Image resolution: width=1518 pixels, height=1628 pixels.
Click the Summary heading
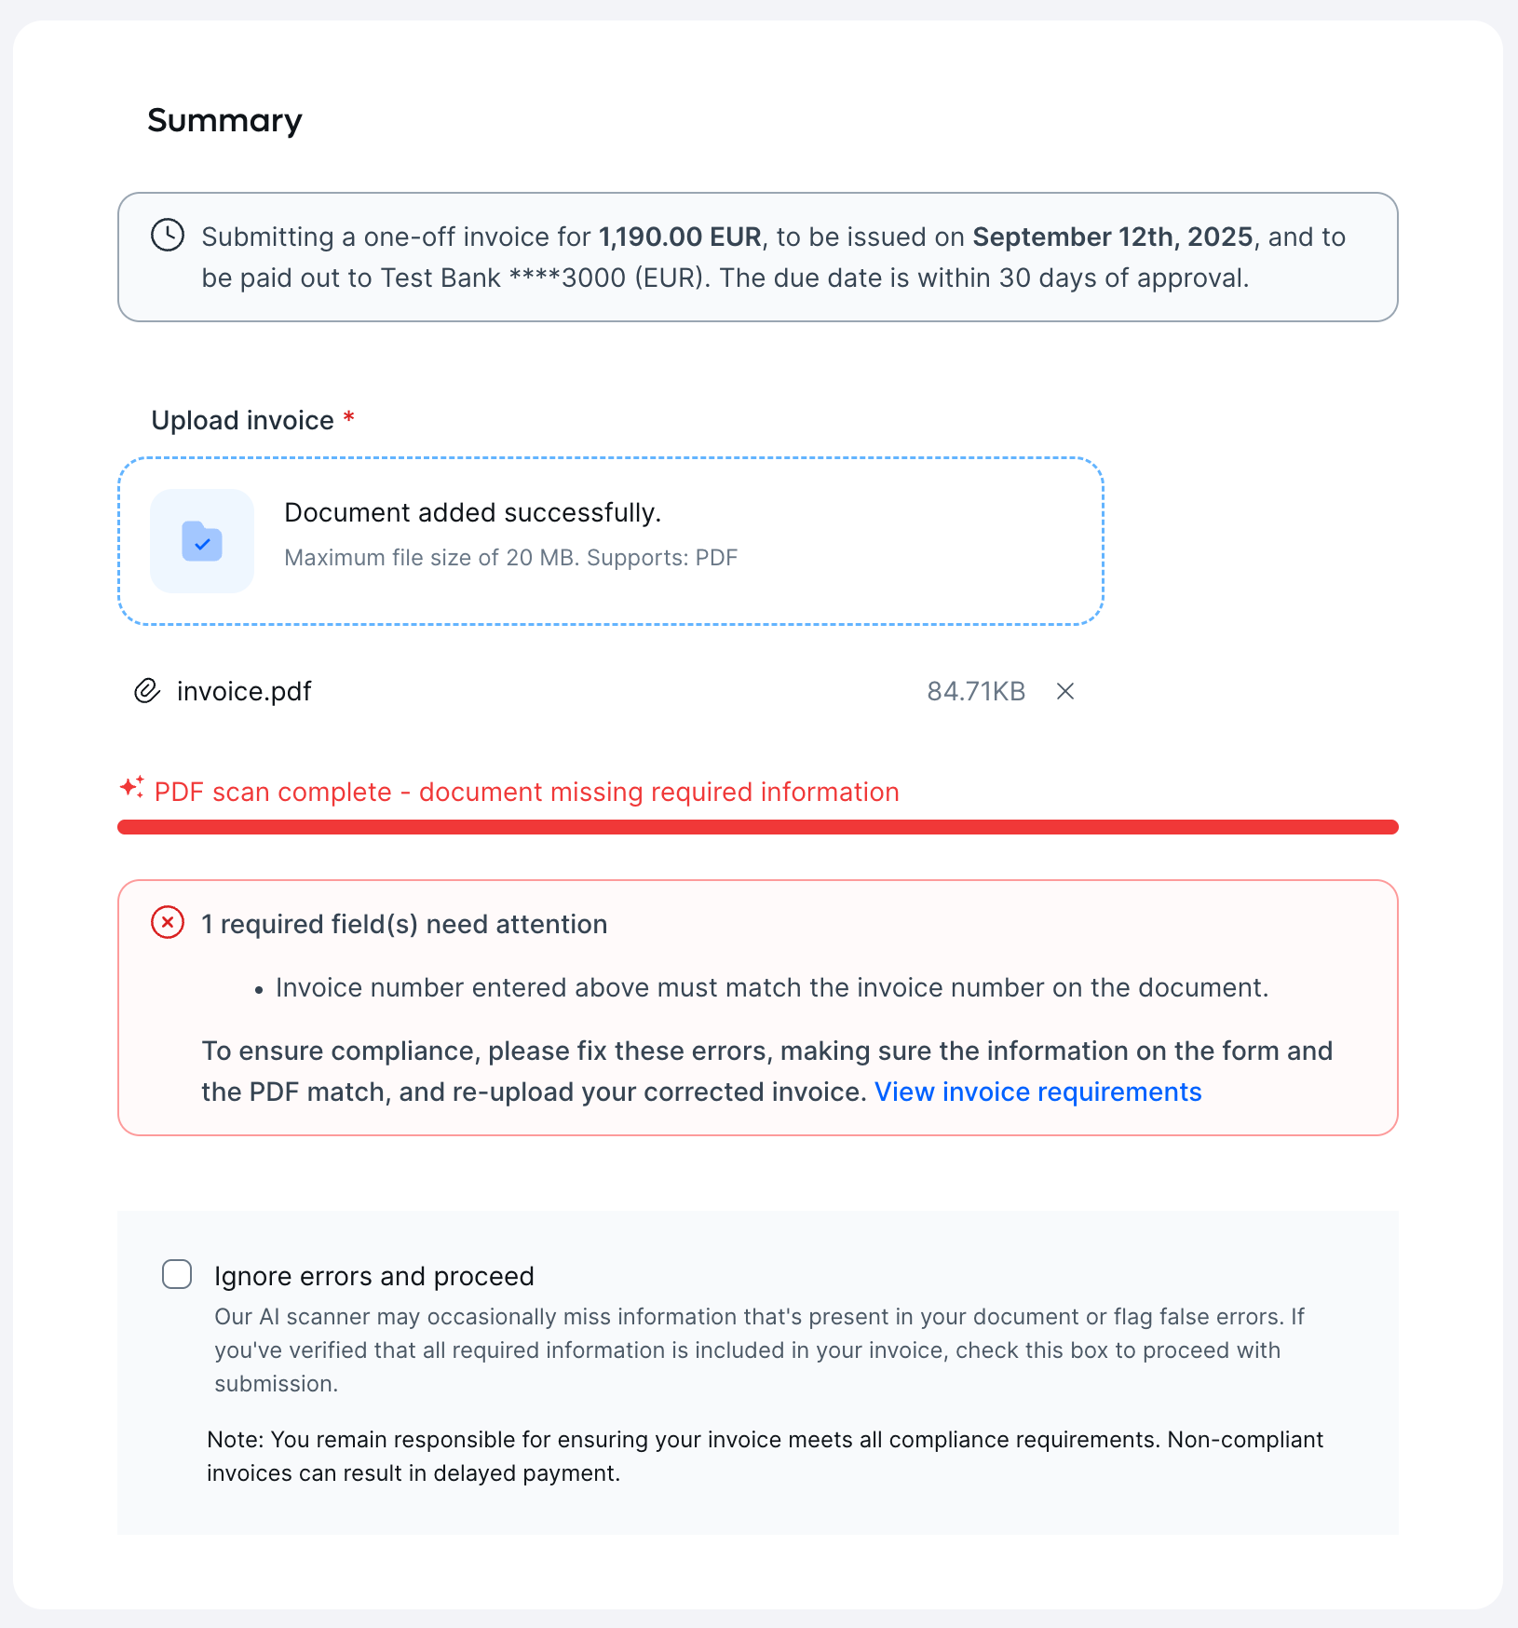click(224, 120)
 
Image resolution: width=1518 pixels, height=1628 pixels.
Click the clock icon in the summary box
click(168, 235)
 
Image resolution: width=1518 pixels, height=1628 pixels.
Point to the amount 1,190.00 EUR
click(680, 237)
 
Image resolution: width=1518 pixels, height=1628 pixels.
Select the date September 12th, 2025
click(1113, 237)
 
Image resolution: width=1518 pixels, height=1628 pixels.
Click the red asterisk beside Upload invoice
click(349, 418)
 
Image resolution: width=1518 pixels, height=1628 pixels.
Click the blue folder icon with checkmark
click(202, 541)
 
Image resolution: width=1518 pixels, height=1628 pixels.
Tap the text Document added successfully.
click(472, 512)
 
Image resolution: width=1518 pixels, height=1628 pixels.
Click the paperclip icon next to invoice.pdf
click(147, 691)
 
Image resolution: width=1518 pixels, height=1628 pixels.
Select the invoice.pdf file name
click(244, 691)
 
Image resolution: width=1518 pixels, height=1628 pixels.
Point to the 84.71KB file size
click(976, 691)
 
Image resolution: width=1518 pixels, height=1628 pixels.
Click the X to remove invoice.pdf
click(1065, 691)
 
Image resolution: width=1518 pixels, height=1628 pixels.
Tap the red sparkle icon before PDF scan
click(131, 788)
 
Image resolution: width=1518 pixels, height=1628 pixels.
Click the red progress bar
click(757, 827)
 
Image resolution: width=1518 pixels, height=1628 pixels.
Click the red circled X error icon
click(168, 923)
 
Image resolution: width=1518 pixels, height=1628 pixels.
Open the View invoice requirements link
click(1037, 1092)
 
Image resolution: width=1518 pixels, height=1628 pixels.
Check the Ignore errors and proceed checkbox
click(177, 1274)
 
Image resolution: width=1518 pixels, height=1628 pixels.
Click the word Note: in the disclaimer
click(236, 1439)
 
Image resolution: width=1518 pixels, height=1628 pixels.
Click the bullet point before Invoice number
click(259, 989)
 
